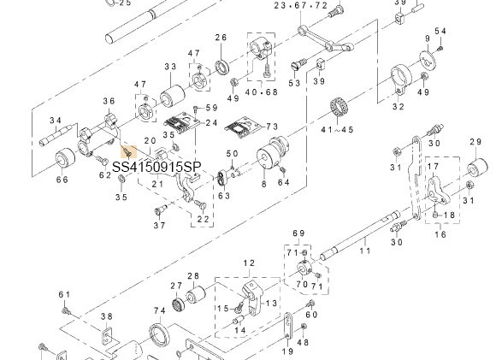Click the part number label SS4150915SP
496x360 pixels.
coord(156,167)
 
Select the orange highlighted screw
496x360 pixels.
coord(128,151)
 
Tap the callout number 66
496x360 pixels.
coord(62,180)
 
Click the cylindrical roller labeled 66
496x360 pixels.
coord(66,160)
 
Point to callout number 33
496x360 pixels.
coord(170,67)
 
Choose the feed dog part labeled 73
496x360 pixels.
coord(243,127)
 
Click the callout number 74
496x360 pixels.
coord(160,311)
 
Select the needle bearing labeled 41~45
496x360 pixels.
coord(340,109)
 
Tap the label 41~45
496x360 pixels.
coord(338,130)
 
